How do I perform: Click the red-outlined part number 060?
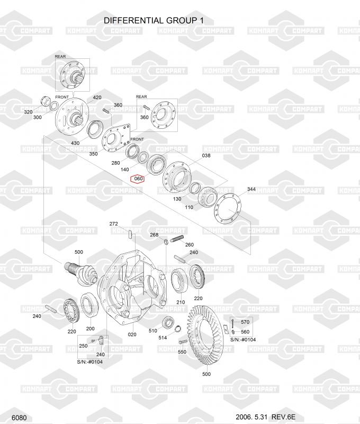pyautogui.click(x=138, y=179)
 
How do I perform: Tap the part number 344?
pyautogui.click(x=251, y=189)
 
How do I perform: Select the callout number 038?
pyautogui.click(x=206, y=155)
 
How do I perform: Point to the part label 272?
pyautogui.click(x=114, y=224)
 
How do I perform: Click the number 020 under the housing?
pyautogui.click(x=132, y=334)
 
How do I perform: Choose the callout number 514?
pyautogui.click(x=163, y=338)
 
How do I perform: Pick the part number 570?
pyautogui.click(x=245, y=322)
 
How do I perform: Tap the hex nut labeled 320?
pyautogui.click(x=45, y=101)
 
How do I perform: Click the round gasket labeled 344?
pyautogui.click(x=228, y=209)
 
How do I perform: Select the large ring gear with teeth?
pyautogui.click(x=206, y=337)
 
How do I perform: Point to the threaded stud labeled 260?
pyautogui.click(x=177, y=240)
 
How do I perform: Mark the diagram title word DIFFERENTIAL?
pyautogui.click(x=134, y=20)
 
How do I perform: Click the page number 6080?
pyautogui.click(x=19, y=418)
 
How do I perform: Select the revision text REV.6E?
pyautogui.click(x=283, y=417)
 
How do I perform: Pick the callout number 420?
pyautogui.click(x=97, y=98)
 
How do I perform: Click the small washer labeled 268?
pyautogui.click(x=167, y=241)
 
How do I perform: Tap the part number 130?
pyautogui.click(x=177, y=199)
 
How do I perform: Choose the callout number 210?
pyautogui.click(x=181, y=302)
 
